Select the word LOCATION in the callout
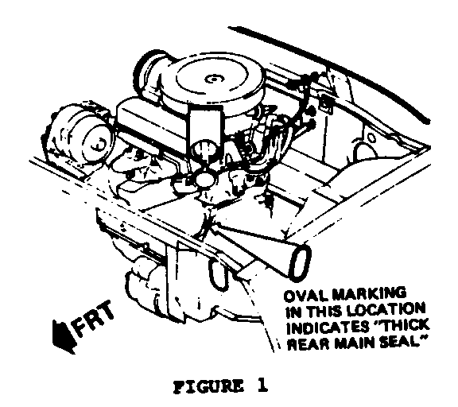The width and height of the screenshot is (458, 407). tap(387, 310)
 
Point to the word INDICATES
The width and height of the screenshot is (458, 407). tap(327, 328)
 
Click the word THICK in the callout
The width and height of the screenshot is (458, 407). tap(402, 326)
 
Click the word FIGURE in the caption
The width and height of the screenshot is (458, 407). tap(208, 387)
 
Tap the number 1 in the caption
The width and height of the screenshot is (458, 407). tap(262, 386)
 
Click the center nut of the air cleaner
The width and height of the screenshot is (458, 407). tap(212, 79)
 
